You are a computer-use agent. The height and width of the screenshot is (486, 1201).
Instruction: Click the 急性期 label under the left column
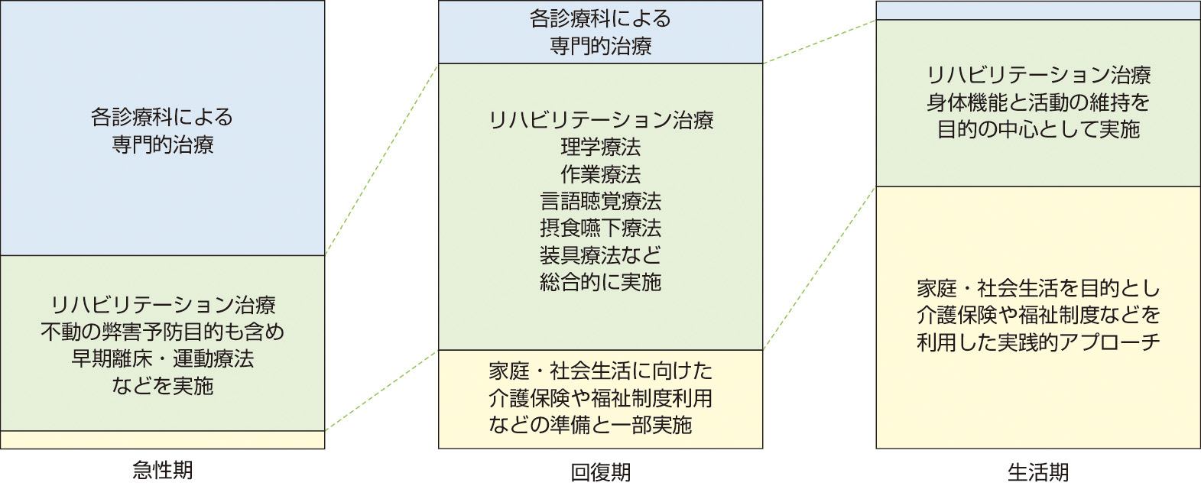pyautogui.click(x=162, y=470)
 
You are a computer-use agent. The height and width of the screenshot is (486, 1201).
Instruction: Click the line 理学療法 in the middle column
pyautogui.click(x=600, y=147)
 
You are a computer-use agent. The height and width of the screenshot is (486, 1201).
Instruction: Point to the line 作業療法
pyautogui.click(x=600, y=174)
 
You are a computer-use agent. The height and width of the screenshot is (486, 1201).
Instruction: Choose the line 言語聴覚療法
pyautogui.click(x=600, y=201)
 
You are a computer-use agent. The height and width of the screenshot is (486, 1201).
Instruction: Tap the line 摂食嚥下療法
pyautogui.click(x=600, y=228)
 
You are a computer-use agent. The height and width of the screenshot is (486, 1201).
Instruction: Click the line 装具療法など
pyautogui.click(x=600, y=255)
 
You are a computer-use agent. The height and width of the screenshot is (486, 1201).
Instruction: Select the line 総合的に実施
pyautogui.click(x=600, y=282)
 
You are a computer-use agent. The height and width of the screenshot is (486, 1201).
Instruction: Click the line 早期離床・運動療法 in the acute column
pyautogui.click(x=162, y=358)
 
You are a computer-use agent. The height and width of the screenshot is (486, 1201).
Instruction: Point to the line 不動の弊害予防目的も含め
pyautogui.click(x=162, y=332)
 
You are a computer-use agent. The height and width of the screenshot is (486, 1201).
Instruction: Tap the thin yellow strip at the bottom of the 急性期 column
pyautogui.click(x=162, y=440)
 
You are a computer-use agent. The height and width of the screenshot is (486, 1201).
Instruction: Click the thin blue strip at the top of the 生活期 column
pyautogui.click(x=1037, y=10)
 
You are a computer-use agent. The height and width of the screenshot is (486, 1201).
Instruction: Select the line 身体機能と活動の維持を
pyautogui.click(x=1037, y=102)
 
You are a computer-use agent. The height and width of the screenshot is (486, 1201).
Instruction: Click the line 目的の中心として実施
pyautogui.click(x=1037, y=129)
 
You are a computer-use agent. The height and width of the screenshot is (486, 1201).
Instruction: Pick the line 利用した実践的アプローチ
pyautogui.click(x=1037, y=342)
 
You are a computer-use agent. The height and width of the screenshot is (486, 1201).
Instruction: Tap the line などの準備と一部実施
pyautogui.click(x=590, y=425)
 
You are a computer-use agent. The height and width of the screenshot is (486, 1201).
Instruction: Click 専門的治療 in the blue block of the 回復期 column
pyautogui.click(x=600, y=46)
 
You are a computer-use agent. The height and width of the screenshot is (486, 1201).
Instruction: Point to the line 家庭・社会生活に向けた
pyautogui.click(x=600, y=371)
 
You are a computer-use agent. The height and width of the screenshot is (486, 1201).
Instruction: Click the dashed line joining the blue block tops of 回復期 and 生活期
pyautogui.click(x=819, y=42)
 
